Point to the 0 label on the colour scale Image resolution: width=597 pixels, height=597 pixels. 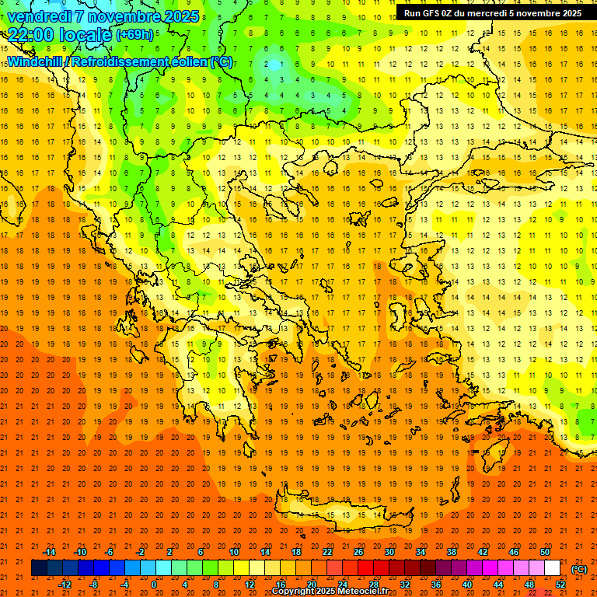(x=154, y=585)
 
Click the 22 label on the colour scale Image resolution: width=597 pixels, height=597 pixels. (x=327, y=552)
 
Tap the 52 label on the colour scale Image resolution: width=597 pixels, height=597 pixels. (x=560, y=585)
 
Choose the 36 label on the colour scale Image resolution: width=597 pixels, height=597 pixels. (x=435, y=585)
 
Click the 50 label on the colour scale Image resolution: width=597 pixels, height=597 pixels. (x=544, y=552)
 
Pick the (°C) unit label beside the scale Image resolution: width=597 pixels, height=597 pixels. (x=579, y=569)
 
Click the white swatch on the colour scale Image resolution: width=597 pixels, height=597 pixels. (x=552, y=568)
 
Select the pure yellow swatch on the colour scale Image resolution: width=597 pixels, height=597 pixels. (x=241, y=568)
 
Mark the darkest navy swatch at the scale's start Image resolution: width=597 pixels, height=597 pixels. (x=39, y=568)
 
